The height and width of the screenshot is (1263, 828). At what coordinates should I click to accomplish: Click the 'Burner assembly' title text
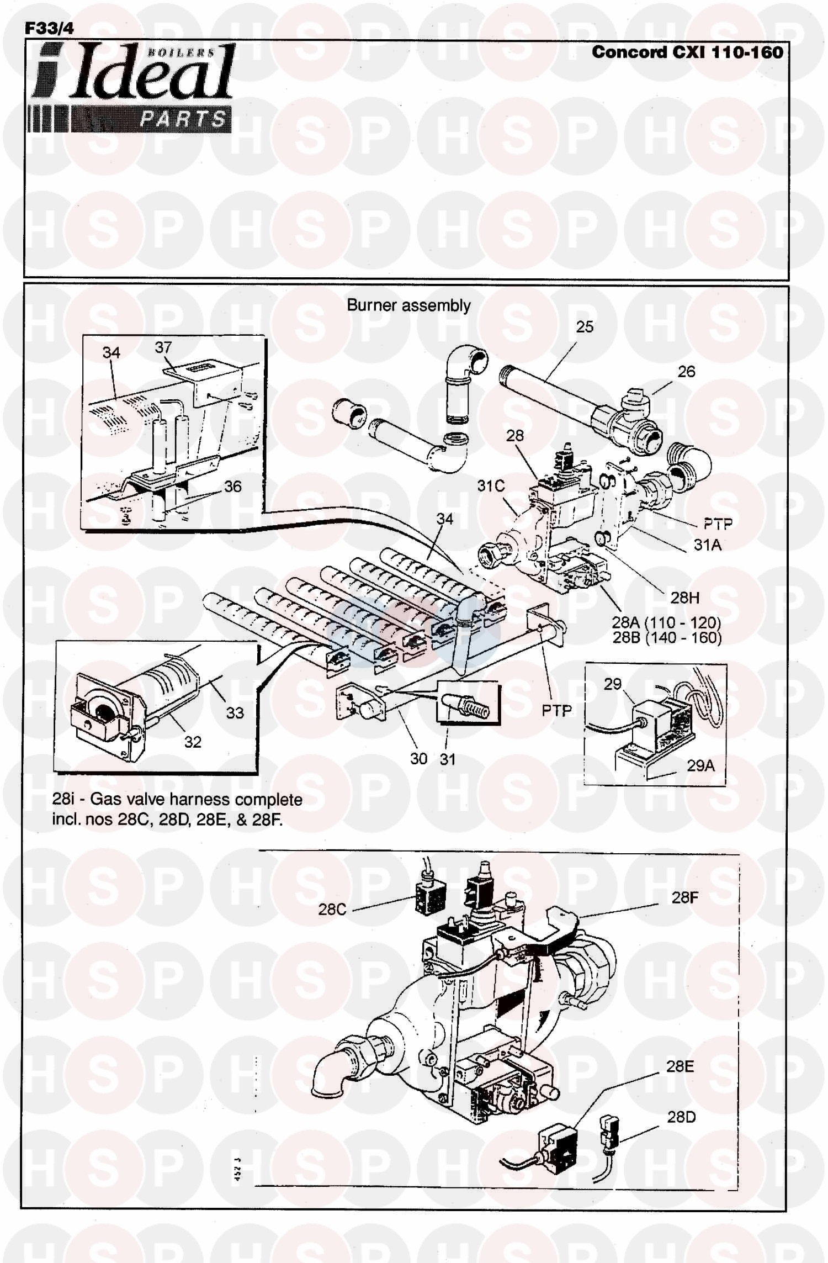(x=408, y=305)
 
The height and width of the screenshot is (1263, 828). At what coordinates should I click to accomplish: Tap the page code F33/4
(x=49, y=29)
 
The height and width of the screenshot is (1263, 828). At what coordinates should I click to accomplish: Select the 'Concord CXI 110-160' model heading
(x=687, y=52)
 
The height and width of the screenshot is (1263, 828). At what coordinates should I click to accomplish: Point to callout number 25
(x=585, y=327)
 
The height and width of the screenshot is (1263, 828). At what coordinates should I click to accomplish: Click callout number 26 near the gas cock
(x=686, y=372)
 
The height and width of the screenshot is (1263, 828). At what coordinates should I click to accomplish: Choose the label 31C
(x=491, y=486)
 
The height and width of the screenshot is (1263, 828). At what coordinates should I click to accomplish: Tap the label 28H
(x=685, y=598)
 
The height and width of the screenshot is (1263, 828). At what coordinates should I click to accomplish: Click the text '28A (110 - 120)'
(x=667, y=622)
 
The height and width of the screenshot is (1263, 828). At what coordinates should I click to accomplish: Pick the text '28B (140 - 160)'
(x=667, y=638)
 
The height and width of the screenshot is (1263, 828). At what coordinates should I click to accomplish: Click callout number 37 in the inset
(x=163, y=347)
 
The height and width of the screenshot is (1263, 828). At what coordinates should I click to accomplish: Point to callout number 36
(x=232, y=487)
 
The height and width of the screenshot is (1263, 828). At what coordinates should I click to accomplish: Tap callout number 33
(x=235, y=713)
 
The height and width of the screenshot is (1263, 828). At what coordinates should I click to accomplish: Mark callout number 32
(x=192, y=742)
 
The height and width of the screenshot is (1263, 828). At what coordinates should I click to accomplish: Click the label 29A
(x=700, y=765)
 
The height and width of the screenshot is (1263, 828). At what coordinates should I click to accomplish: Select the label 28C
(x=332, y=909)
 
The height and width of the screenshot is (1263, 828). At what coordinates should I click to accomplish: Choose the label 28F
(x=685, y=898)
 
